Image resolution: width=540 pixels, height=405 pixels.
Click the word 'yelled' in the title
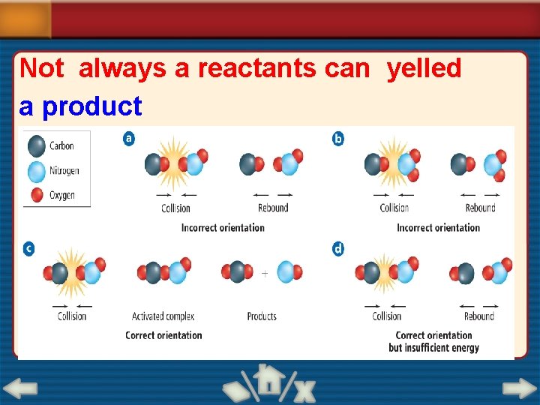click(x=424, y=68)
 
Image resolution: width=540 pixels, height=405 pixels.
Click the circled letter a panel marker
click(x=129, y=139)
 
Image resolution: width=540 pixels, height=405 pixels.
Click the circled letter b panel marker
click(x=338, y=139)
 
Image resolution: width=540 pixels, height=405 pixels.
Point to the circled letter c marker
click(x=28, y=248)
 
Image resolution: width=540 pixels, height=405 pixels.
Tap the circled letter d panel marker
click(x=338, y=248)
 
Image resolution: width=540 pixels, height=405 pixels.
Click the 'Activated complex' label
click(x=163, y=316)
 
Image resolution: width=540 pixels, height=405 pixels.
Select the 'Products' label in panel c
click(x=262, y=316)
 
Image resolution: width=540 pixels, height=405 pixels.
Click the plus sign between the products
click(x=264, y=274)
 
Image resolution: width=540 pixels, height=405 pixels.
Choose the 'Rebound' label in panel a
click(x=273, y=208)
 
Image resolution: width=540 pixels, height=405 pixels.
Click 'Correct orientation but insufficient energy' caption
click(x=433, y=341)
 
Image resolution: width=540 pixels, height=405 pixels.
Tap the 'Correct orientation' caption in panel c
click(x=163, y=335)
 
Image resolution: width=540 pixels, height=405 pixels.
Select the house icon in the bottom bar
click(x=268, y=382)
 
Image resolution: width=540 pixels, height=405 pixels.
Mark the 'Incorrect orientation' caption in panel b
click(x=438, y=227)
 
